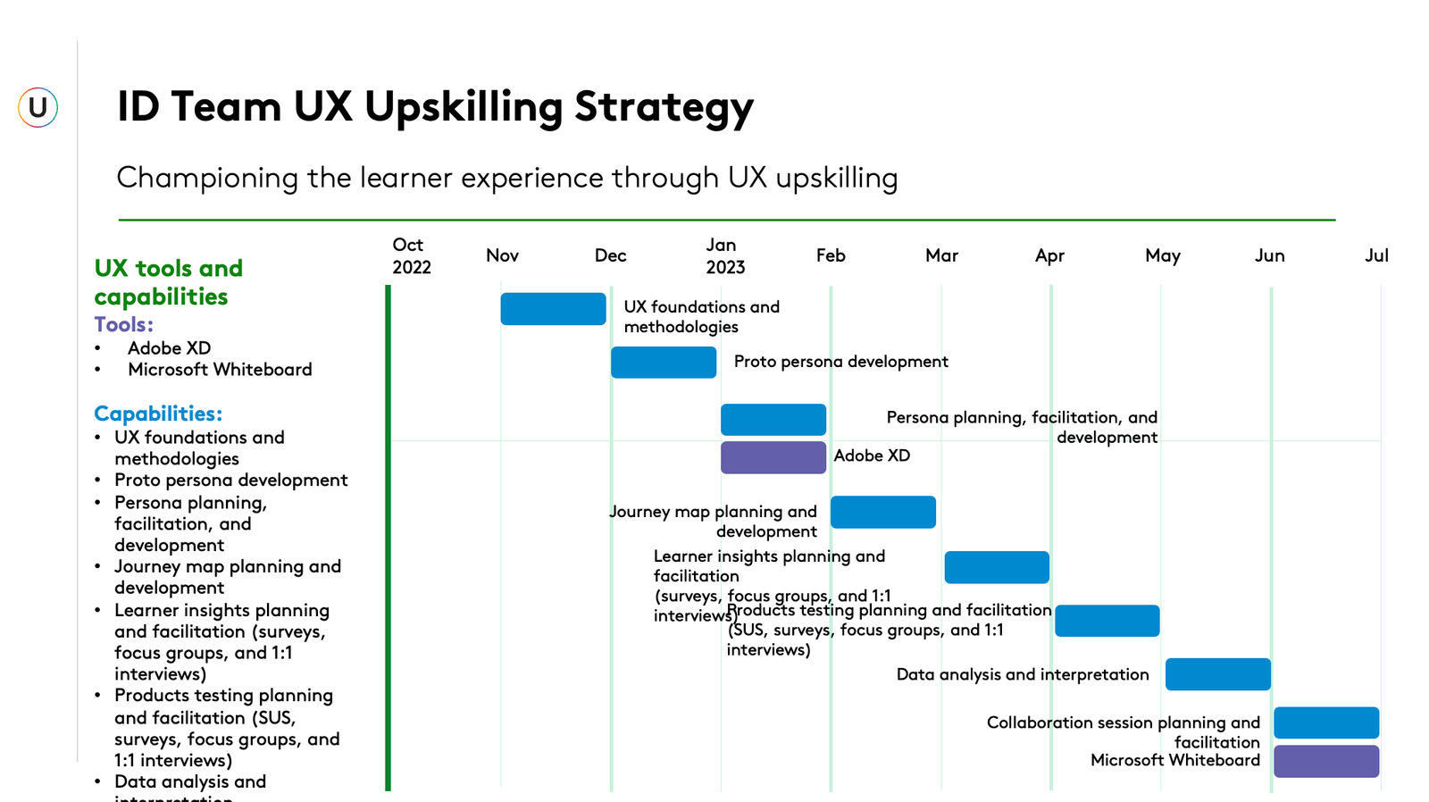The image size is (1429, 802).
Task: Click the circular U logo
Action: pyautogui.click(x=38, y=107)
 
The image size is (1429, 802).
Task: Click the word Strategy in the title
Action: pyautogui.click(x=664, y=107)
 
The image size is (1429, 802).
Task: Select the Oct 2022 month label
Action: pyautogui.click(x=411, y=256)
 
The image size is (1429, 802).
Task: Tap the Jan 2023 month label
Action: pyautogui.click(x=724, y=256)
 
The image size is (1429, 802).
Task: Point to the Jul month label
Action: pyautogui.click(x=1376, y=256)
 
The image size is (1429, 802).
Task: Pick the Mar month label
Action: pyautogui.click(x=941, y=256)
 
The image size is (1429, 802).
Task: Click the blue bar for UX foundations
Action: pyautogui.click(x=553, y=309)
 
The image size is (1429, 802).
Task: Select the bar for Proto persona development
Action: pyautogui.click(x=664, y=363)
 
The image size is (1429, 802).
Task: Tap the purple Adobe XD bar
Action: pyautogui.click(x=773, y=457)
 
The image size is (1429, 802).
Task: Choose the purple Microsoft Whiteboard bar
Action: pyautogui.click(x=1326, y=761)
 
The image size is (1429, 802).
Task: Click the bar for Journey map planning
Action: pyautogui.click(x=883, y=513)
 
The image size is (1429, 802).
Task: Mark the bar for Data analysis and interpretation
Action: pyautogui.click(x=1217, y=674)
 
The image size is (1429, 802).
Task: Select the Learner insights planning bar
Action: pyautogui.click(x=997, y=567)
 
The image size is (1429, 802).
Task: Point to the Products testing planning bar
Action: pyautogui.click(x=1107, y=621)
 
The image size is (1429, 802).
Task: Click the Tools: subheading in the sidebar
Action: pyautogui.click(x=124, y=325)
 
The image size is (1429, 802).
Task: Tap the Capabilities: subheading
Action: pyautogui.click(x=158, y=414)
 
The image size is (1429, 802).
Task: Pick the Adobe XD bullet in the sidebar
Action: pyautogui.click(x=169, y=348)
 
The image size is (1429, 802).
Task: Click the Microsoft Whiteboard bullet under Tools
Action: pyautogui.click(x=220, y=370)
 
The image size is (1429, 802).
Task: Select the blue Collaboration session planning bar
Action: pyautogui.click(x=1326, y=723)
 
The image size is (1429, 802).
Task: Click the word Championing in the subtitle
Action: pyautogui.click(x=207, y=179)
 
